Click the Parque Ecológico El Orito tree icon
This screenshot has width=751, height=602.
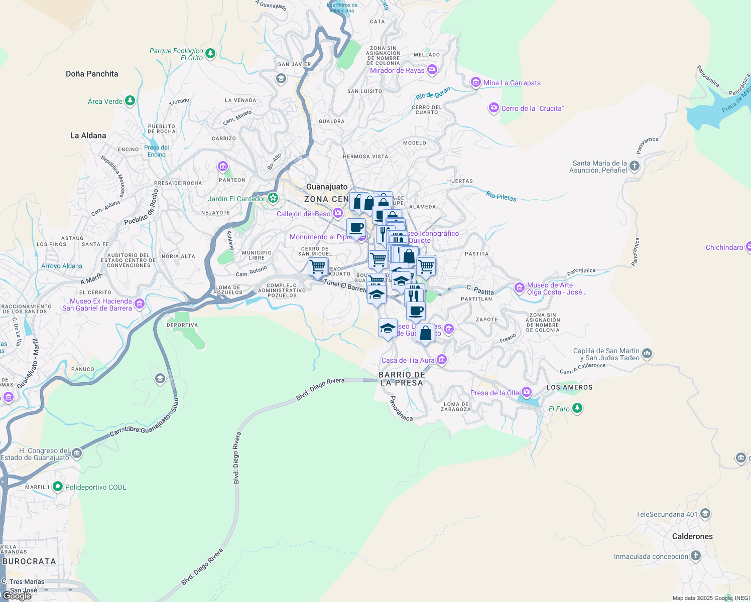tap(210, 53)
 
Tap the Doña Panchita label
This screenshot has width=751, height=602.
tap(92, 74)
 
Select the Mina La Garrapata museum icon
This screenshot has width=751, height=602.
tap(475, 82)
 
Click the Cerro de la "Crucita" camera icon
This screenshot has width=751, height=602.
tap(494, 108)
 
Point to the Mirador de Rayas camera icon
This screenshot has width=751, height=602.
tap(432, 69)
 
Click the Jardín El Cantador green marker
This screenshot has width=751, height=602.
tap(273, 198)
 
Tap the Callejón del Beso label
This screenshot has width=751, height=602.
tap(303, 214)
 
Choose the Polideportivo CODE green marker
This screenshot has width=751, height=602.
tap(58, 487)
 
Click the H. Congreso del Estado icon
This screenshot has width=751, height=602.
tap(76, 454)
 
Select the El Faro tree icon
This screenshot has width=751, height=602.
tap(577, 408)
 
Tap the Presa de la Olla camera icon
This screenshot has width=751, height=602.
tap(526, 392)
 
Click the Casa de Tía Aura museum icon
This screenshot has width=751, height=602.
tap(442, 359)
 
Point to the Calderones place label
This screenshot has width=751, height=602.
tap(692, 536)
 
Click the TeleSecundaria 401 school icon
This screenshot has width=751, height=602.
tap(705, 513)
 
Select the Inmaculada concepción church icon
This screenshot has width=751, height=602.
tap(695, 555)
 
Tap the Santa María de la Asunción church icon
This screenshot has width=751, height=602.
tap(635, 166)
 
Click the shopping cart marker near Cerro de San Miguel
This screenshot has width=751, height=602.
tap(318, 267)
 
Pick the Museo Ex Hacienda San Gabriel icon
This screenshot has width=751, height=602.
tap(140, 304)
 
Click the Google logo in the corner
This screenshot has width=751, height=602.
tap(17, 596)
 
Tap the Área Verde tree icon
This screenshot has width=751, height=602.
tap(130, 101)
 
